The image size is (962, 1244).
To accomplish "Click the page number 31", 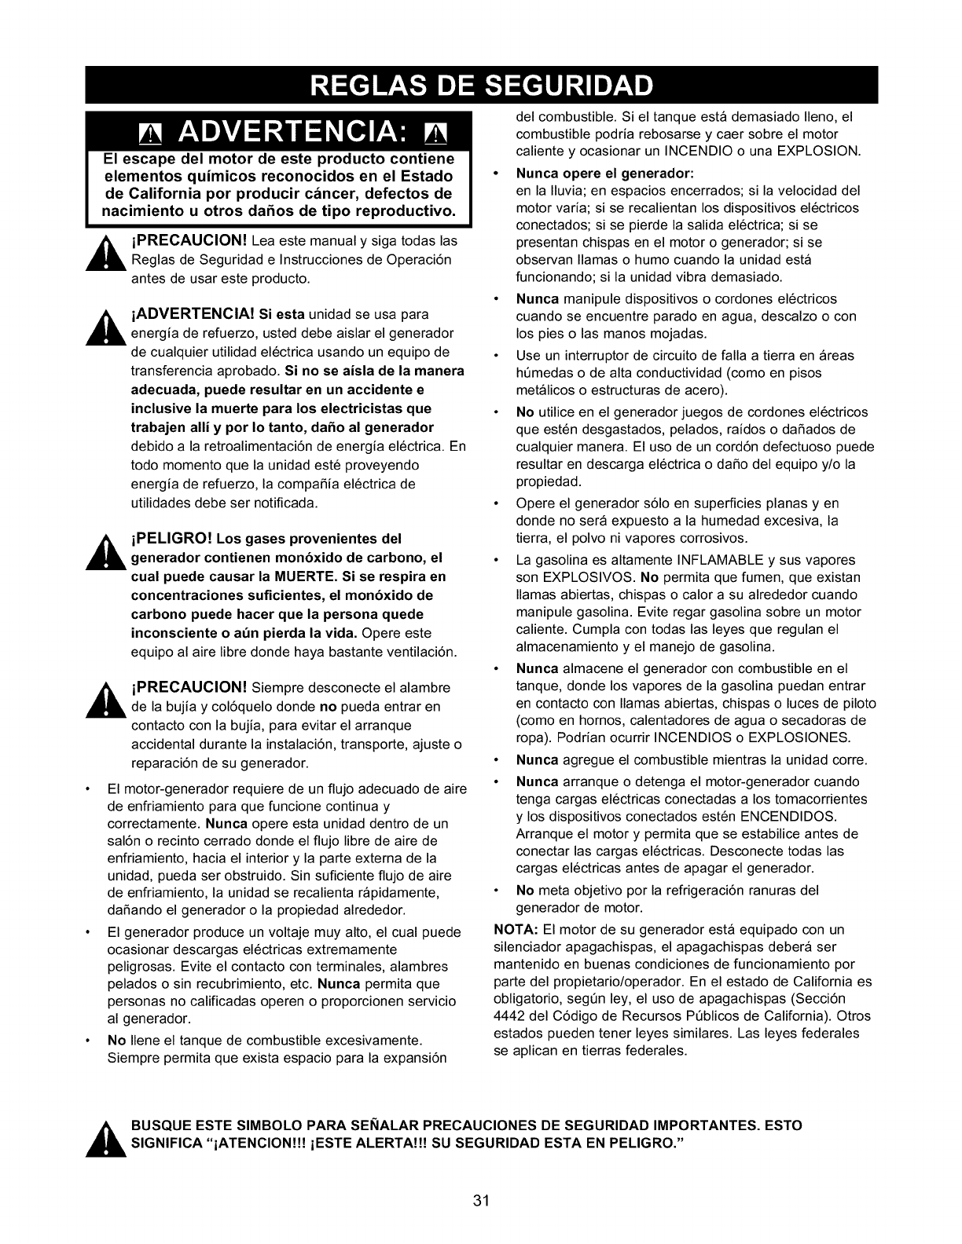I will click(482, 1200).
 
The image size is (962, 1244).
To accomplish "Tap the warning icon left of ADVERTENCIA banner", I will click(147, 133).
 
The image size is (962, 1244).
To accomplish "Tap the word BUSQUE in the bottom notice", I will click(160, 1125).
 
